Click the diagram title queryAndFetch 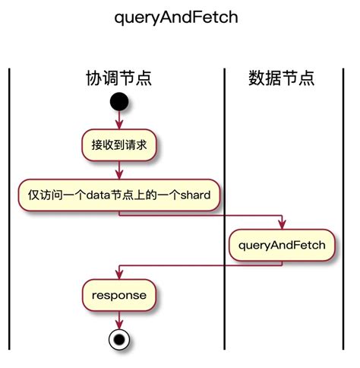175,17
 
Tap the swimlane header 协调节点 118,78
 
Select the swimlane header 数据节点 281,78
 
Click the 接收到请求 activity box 118,144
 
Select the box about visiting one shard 118,195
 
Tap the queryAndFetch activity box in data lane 283,245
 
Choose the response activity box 118,293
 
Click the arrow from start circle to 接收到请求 118,120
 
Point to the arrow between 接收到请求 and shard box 118,170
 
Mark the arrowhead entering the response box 118,275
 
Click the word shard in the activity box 197,195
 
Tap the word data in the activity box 98,195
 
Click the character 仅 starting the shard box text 33,195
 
